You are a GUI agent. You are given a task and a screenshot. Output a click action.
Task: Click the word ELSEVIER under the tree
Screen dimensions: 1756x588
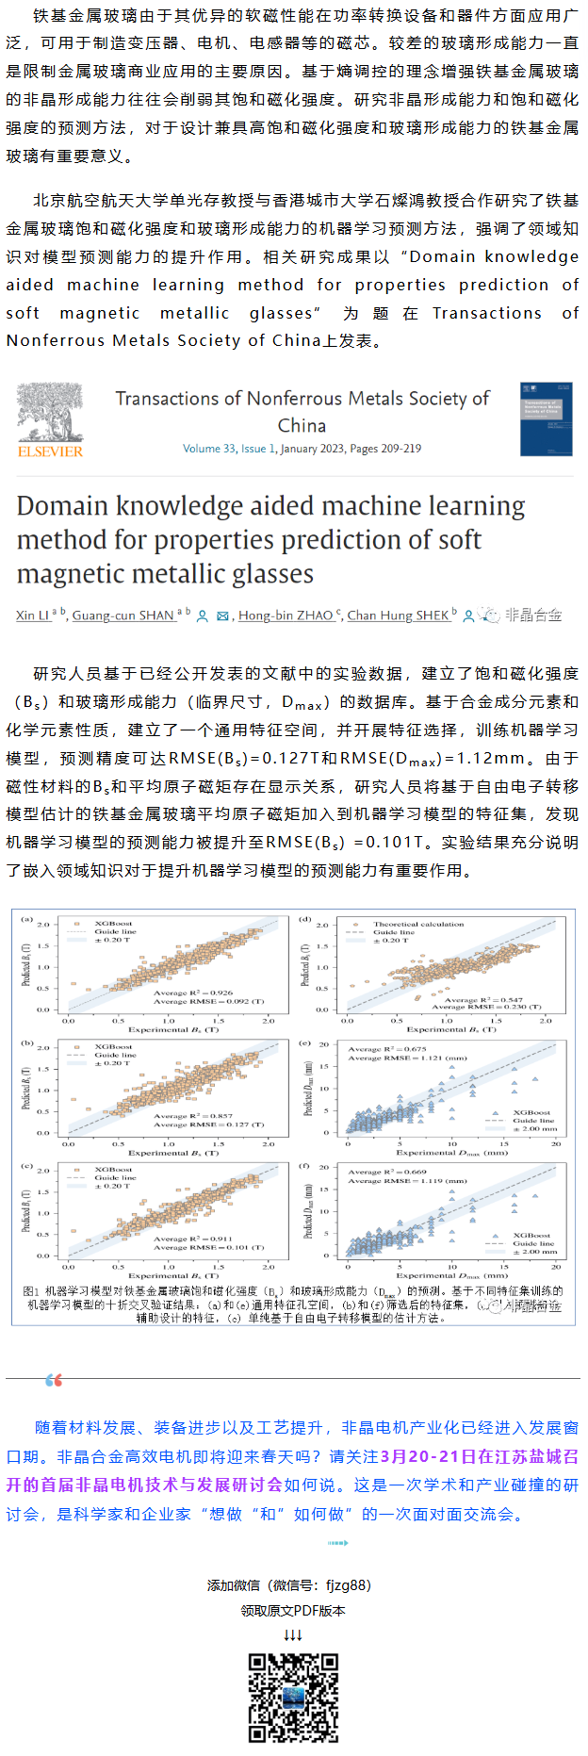point(50,451)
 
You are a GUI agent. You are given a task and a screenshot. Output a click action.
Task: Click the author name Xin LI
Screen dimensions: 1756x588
point(32,615)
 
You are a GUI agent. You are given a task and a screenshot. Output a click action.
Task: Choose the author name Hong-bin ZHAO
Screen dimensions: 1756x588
point(285,615)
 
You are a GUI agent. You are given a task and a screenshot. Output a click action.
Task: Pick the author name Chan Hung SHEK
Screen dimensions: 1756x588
point(398,615)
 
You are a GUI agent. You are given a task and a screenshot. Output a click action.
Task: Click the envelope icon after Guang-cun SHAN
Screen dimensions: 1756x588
point(223,615)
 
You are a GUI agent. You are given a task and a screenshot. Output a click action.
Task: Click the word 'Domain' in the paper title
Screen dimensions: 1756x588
point(62,506)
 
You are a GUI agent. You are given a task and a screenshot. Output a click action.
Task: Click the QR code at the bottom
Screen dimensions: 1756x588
point(293,1697)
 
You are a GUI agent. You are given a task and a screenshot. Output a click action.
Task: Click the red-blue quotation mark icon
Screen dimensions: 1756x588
point(54,1380)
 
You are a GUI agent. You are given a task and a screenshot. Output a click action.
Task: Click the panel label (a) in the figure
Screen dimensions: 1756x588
point(27,918)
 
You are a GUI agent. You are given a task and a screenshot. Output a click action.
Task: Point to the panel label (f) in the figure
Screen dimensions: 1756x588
point(305,1166)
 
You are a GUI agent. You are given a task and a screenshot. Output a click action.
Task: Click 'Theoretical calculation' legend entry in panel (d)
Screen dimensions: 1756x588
point(418,924)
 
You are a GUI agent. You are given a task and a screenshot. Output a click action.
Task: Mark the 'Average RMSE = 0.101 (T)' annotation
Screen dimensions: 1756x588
point(209,1247)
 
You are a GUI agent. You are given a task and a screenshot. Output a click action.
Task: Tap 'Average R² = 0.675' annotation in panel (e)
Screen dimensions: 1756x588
point(387,1048)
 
